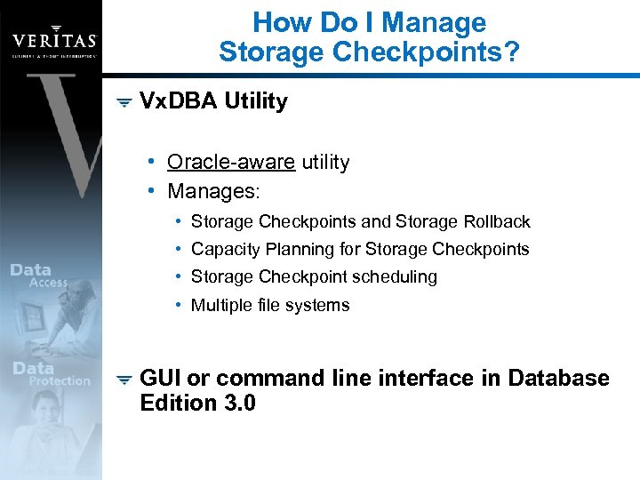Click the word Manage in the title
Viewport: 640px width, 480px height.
430,22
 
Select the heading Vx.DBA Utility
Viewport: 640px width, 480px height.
213,101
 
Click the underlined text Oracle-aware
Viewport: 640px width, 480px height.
231,162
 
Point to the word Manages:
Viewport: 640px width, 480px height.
214,191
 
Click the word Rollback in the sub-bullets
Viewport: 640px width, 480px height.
497,221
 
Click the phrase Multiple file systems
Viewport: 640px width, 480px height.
270,305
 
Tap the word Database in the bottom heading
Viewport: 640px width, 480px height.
558,379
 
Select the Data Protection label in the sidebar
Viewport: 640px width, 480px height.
50,374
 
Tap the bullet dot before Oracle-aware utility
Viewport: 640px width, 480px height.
154,162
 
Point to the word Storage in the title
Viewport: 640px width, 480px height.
272,52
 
